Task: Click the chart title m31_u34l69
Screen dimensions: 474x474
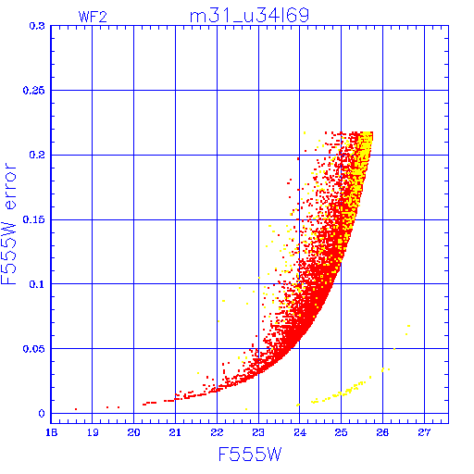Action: coord(249,16)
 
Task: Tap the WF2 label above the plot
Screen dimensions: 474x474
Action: coord(93,17)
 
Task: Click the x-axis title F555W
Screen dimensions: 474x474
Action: coord(250,454)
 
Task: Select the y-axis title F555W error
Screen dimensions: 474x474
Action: coord(8,224)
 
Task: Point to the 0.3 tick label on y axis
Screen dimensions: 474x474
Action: coord(37,26)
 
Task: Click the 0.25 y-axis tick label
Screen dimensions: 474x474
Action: coord(33,91)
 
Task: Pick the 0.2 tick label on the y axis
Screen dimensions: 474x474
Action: coord(37,155)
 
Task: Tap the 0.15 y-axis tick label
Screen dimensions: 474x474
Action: coord(33,219)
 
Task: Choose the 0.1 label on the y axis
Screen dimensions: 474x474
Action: coord(37,284)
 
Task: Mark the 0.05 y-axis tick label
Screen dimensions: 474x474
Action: coord(33,349)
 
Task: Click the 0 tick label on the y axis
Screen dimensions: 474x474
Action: coord(42,413)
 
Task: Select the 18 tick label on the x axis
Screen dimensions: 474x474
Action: coord(51,432)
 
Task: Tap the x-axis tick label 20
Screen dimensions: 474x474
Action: coord(134,432)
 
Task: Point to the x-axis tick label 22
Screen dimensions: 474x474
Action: coord(217,432)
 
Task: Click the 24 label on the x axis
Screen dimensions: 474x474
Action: coord(300,432)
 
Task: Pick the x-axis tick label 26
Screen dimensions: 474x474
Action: coord(382,432)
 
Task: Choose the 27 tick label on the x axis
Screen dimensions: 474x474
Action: coord(424,432)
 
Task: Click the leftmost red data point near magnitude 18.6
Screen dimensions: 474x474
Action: coord(76,409)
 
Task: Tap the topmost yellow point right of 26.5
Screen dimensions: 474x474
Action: coord(408,326)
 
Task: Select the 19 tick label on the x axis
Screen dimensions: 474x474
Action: coord(93,432)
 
